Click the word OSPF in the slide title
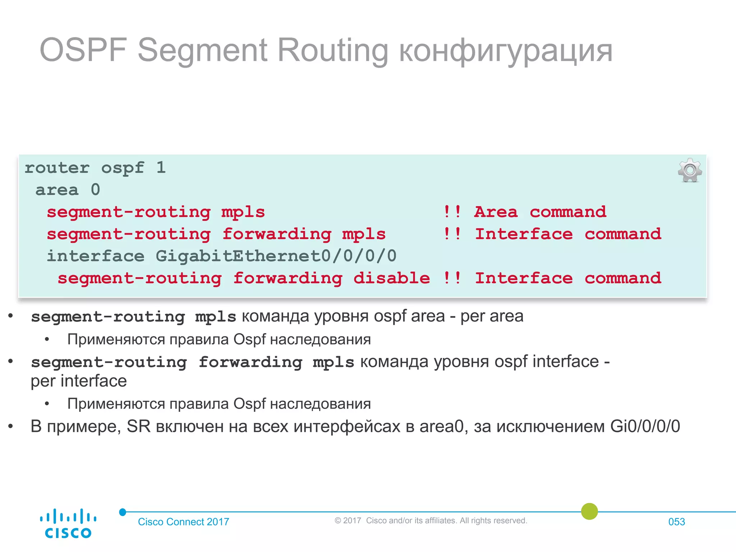pyautogui.click(x=83, y=50)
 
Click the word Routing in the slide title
pyautogui.click(x=332, y=50)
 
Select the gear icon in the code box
pyautogui.click(x=690, y=170)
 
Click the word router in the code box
pyautogui.click(x=57, y=168)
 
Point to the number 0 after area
pyautogui.click(x=95, y=190)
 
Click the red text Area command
pyautogui.click(x=540, y=212)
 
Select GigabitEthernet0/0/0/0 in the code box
pyautogui.click(x=276, y=256)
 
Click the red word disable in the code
pyautogui.click(x=391, y=278)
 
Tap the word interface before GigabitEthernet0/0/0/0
pyautogui.click(x=96, y=256)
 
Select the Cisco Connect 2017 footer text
pyautogui.click(x=183, y=522)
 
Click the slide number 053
pyautogui.click(x=676, y=522)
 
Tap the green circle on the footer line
pyautogui.click(x=589, y=511)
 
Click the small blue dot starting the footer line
pyautogui.click(x=123, y=512)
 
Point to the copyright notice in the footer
pyautogui.click(x=431, y=520)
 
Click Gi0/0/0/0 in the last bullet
pyautogui.click(x=645, y=427)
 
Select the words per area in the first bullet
pyautogui.click(x=492, y=316)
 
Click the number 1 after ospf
pyautogui.click(x=161, y=168)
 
